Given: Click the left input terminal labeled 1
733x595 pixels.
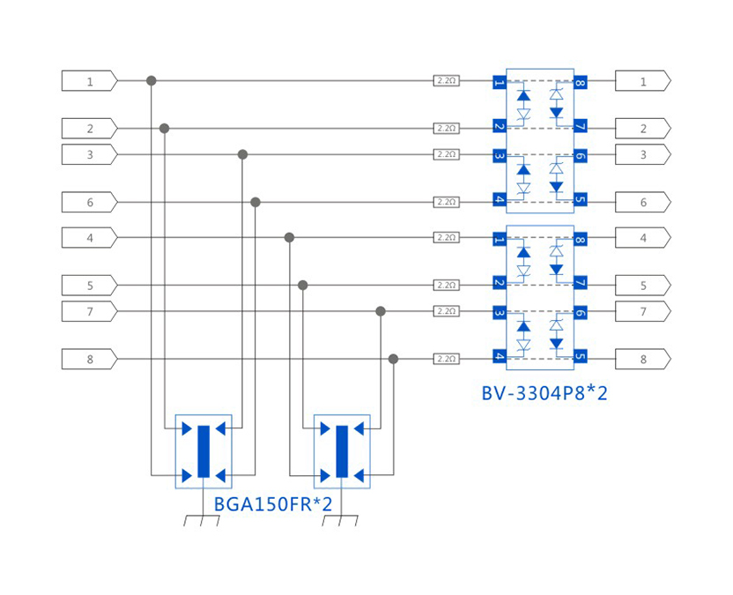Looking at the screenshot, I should [x=89, y=81].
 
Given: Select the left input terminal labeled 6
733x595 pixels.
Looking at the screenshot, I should [x=89, y=202].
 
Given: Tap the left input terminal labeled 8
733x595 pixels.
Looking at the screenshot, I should [x=89, y=359].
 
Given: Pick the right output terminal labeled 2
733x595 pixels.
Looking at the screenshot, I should [x=642, y=129].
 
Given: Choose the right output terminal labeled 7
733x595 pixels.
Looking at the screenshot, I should [x=642, y=311].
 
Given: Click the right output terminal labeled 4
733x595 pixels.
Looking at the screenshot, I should [x=642, y=237].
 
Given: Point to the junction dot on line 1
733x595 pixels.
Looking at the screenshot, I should [x=152, y=81].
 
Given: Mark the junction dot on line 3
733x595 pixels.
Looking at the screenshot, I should [x=243, y=154].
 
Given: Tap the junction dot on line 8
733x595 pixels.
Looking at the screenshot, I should [x=393, y=359].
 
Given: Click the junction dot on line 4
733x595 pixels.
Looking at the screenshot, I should [x=289, y=237].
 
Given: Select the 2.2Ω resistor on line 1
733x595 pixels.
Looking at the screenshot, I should [x=447, y=81].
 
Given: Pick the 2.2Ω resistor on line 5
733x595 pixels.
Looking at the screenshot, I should [x=447, y=285].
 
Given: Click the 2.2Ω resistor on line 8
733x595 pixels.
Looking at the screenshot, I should [x=447, y=359].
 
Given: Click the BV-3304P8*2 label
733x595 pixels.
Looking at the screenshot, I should [x=544, y=393].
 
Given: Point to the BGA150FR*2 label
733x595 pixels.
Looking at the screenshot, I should [x=273, y=505].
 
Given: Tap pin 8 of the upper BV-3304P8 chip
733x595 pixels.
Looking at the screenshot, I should [x=580, y=83].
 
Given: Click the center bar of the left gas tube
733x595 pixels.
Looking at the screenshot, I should [x=204, y=451].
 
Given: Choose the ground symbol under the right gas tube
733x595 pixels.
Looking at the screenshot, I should [x=341, y=519].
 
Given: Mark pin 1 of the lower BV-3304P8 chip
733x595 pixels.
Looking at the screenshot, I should [x=500, y=238].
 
